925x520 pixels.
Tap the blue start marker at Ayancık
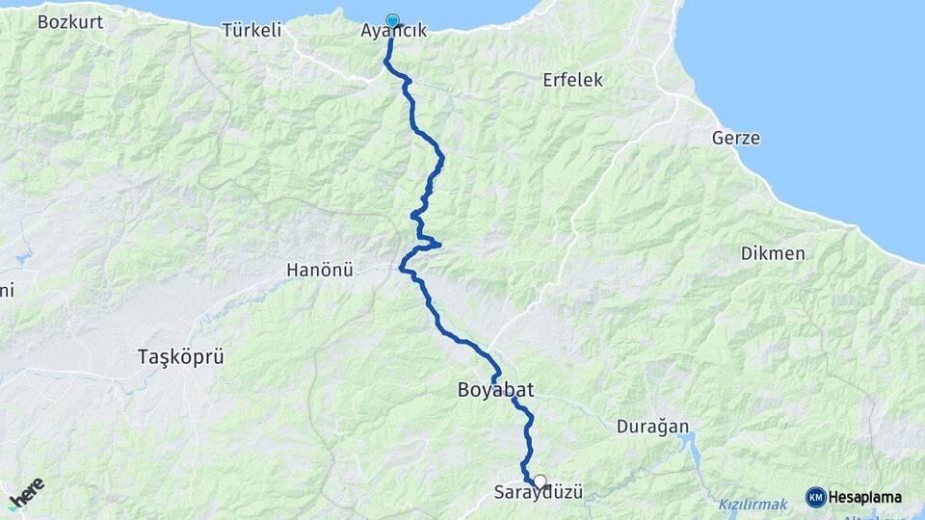click(x=392, y=20)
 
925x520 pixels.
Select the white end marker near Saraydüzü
click(x=540, y=481)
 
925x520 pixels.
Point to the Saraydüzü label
click(x=539, y=492)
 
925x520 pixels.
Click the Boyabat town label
click(x=494, y=390)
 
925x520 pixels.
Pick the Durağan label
click(x=651, y=426)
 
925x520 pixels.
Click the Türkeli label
click(x=251, y=30)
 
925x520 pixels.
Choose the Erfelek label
click(x=572, y=80)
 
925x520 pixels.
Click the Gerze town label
click(x=735, y=138)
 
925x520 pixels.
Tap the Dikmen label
click(x=773, y=254)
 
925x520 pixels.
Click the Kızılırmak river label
click(x=752, y=504)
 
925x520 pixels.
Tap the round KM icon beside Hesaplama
click(x=815, y=497)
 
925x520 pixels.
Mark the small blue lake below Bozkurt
click(x=21, y=256)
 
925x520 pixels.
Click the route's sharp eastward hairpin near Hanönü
click(x=438, y=244)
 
